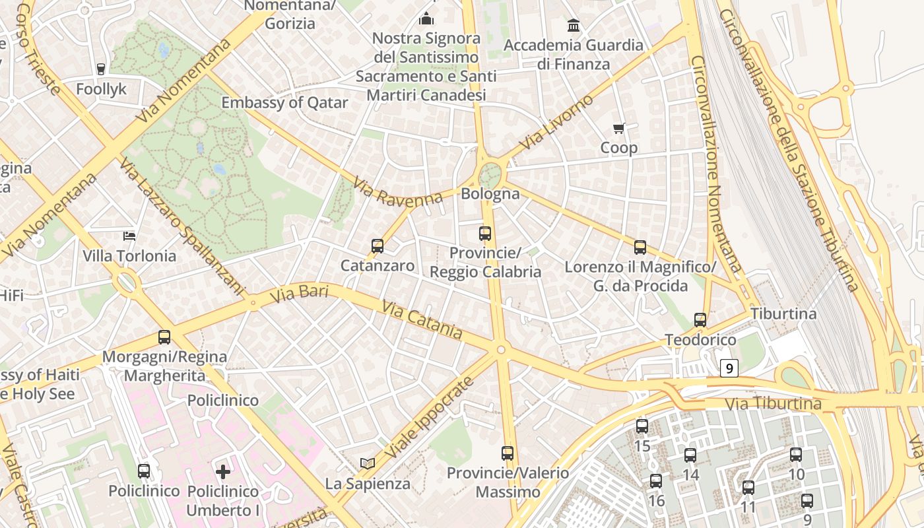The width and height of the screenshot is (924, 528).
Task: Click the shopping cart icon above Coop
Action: click(618, 128)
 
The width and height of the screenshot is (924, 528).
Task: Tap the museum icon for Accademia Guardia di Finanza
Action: click(574, 26)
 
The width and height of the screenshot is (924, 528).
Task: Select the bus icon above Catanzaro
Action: click(377, 246)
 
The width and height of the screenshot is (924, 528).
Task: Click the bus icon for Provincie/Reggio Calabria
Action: click(485, 233)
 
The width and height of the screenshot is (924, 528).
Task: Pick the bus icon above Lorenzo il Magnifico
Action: click(640, 247)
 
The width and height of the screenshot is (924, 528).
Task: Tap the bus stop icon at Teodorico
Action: click(700, 320)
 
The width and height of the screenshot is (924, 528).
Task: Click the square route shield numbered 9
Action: click(729, 368)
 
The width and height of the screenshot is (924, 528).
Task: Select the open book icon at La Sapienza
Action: click(368, 464)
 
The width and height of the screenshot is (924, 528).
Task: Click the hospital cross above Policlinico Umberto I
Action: click(223, 471)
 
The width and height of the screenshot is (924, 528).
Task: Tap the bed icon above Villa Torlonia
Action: click(129, 236)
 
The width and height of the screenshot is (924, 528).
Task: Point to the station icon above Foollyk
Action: click(101, 69)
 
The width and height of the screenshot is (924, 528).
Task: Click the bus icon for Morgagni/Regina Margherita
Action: click(164, 337)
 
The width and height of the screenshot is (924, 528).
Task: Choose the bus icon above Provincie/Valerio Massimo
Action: click(507, 453)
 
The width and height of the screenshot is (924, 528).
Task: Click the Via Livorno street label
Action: click(556, 122)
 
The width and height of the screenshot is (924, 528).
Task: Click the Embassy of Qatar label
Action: click(284, 103)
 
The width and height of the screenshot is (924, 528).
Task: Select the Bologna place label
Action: click(490, 194)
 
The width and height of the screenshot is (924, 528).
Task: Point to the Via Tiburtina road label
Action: click(773, 403)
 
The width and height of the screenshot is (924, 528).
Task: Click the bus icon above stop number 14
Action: click(690, 455)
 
